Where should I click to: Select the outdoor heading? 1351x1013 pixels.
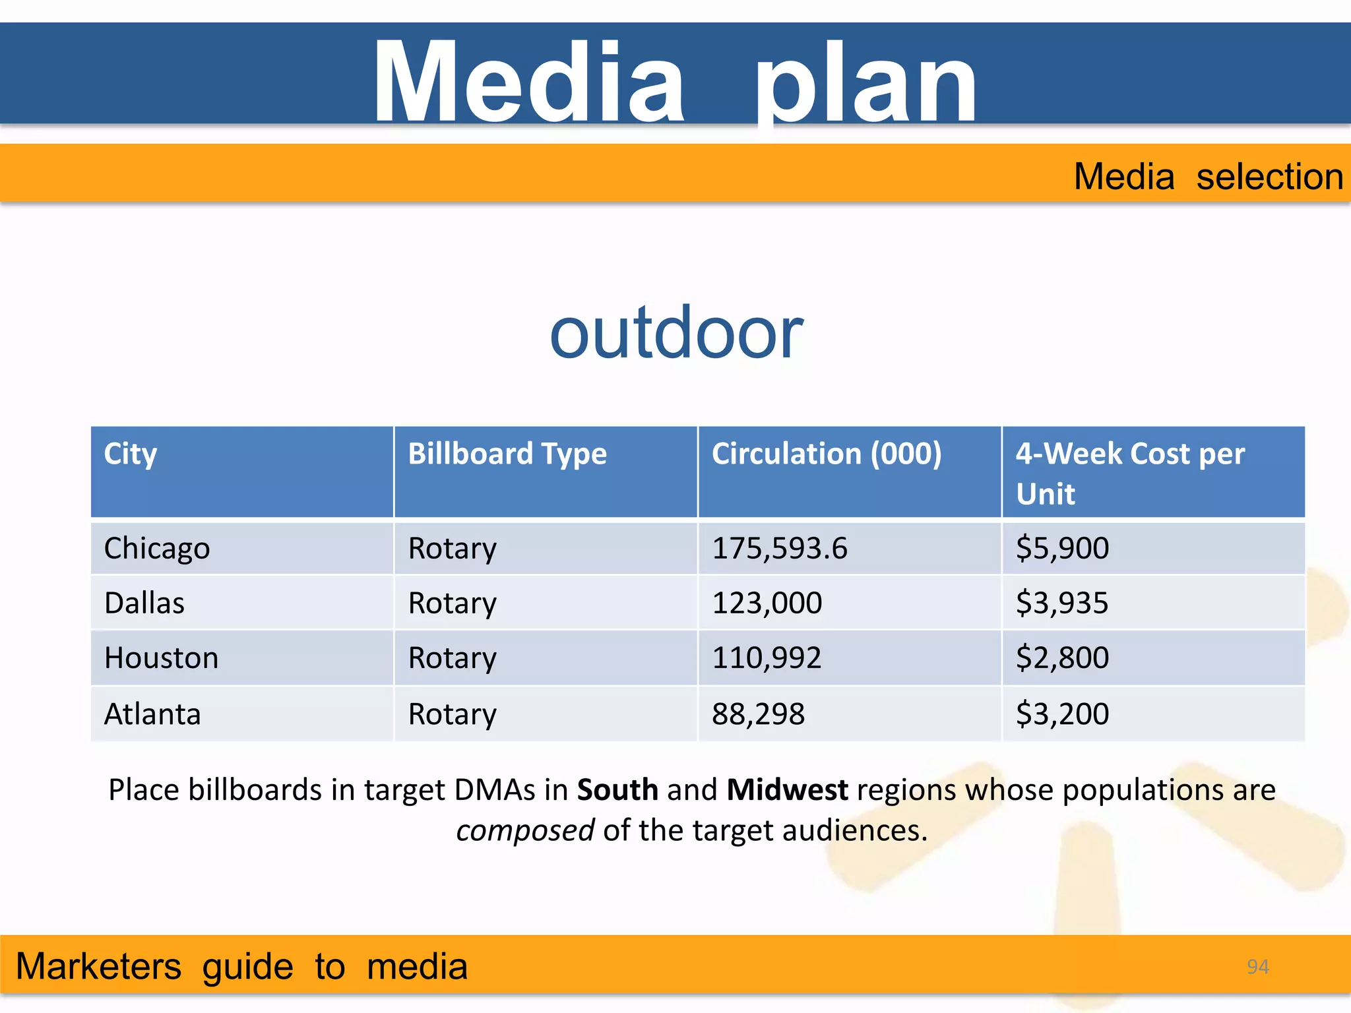[x=676, y=333]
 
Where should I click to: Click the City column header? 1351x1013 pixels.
[x=131, y=454]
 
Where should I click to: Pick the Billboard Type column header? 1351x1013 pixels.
[x=507, y=454]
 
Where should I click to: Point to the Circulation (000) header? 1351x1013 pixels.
[x=826, y=454]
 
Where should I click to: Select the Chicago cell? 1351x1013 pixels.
[x=157, y=549]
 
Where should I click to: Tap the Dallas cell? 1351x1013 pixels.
[x=144, y=603]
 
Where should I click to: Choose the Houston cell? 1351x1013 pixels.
[x=161, y=658]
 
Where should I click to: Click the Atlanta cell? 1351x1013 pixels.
[x=152, y=714]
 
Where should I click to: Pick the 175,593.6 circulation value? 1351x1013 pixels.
[x=779, y=549]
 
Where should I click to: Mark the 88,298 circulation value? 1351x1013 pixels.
[x=758, y=714]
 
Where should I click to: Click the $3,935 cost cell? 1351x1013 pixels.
[x=1062, y=603]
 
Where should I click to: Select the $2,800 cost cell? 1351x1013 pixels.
[x=1062, y=658]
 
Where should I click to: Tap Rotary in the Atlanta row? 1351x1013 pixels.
[x=452, y=714]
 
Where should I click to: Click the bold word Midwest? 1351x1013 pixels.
[x=787, y=790]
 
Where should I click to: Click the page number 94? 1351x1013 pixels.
[x=1257, y=967]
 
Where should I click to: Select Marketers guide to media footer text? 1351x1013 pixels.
[x=241, y=967]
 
